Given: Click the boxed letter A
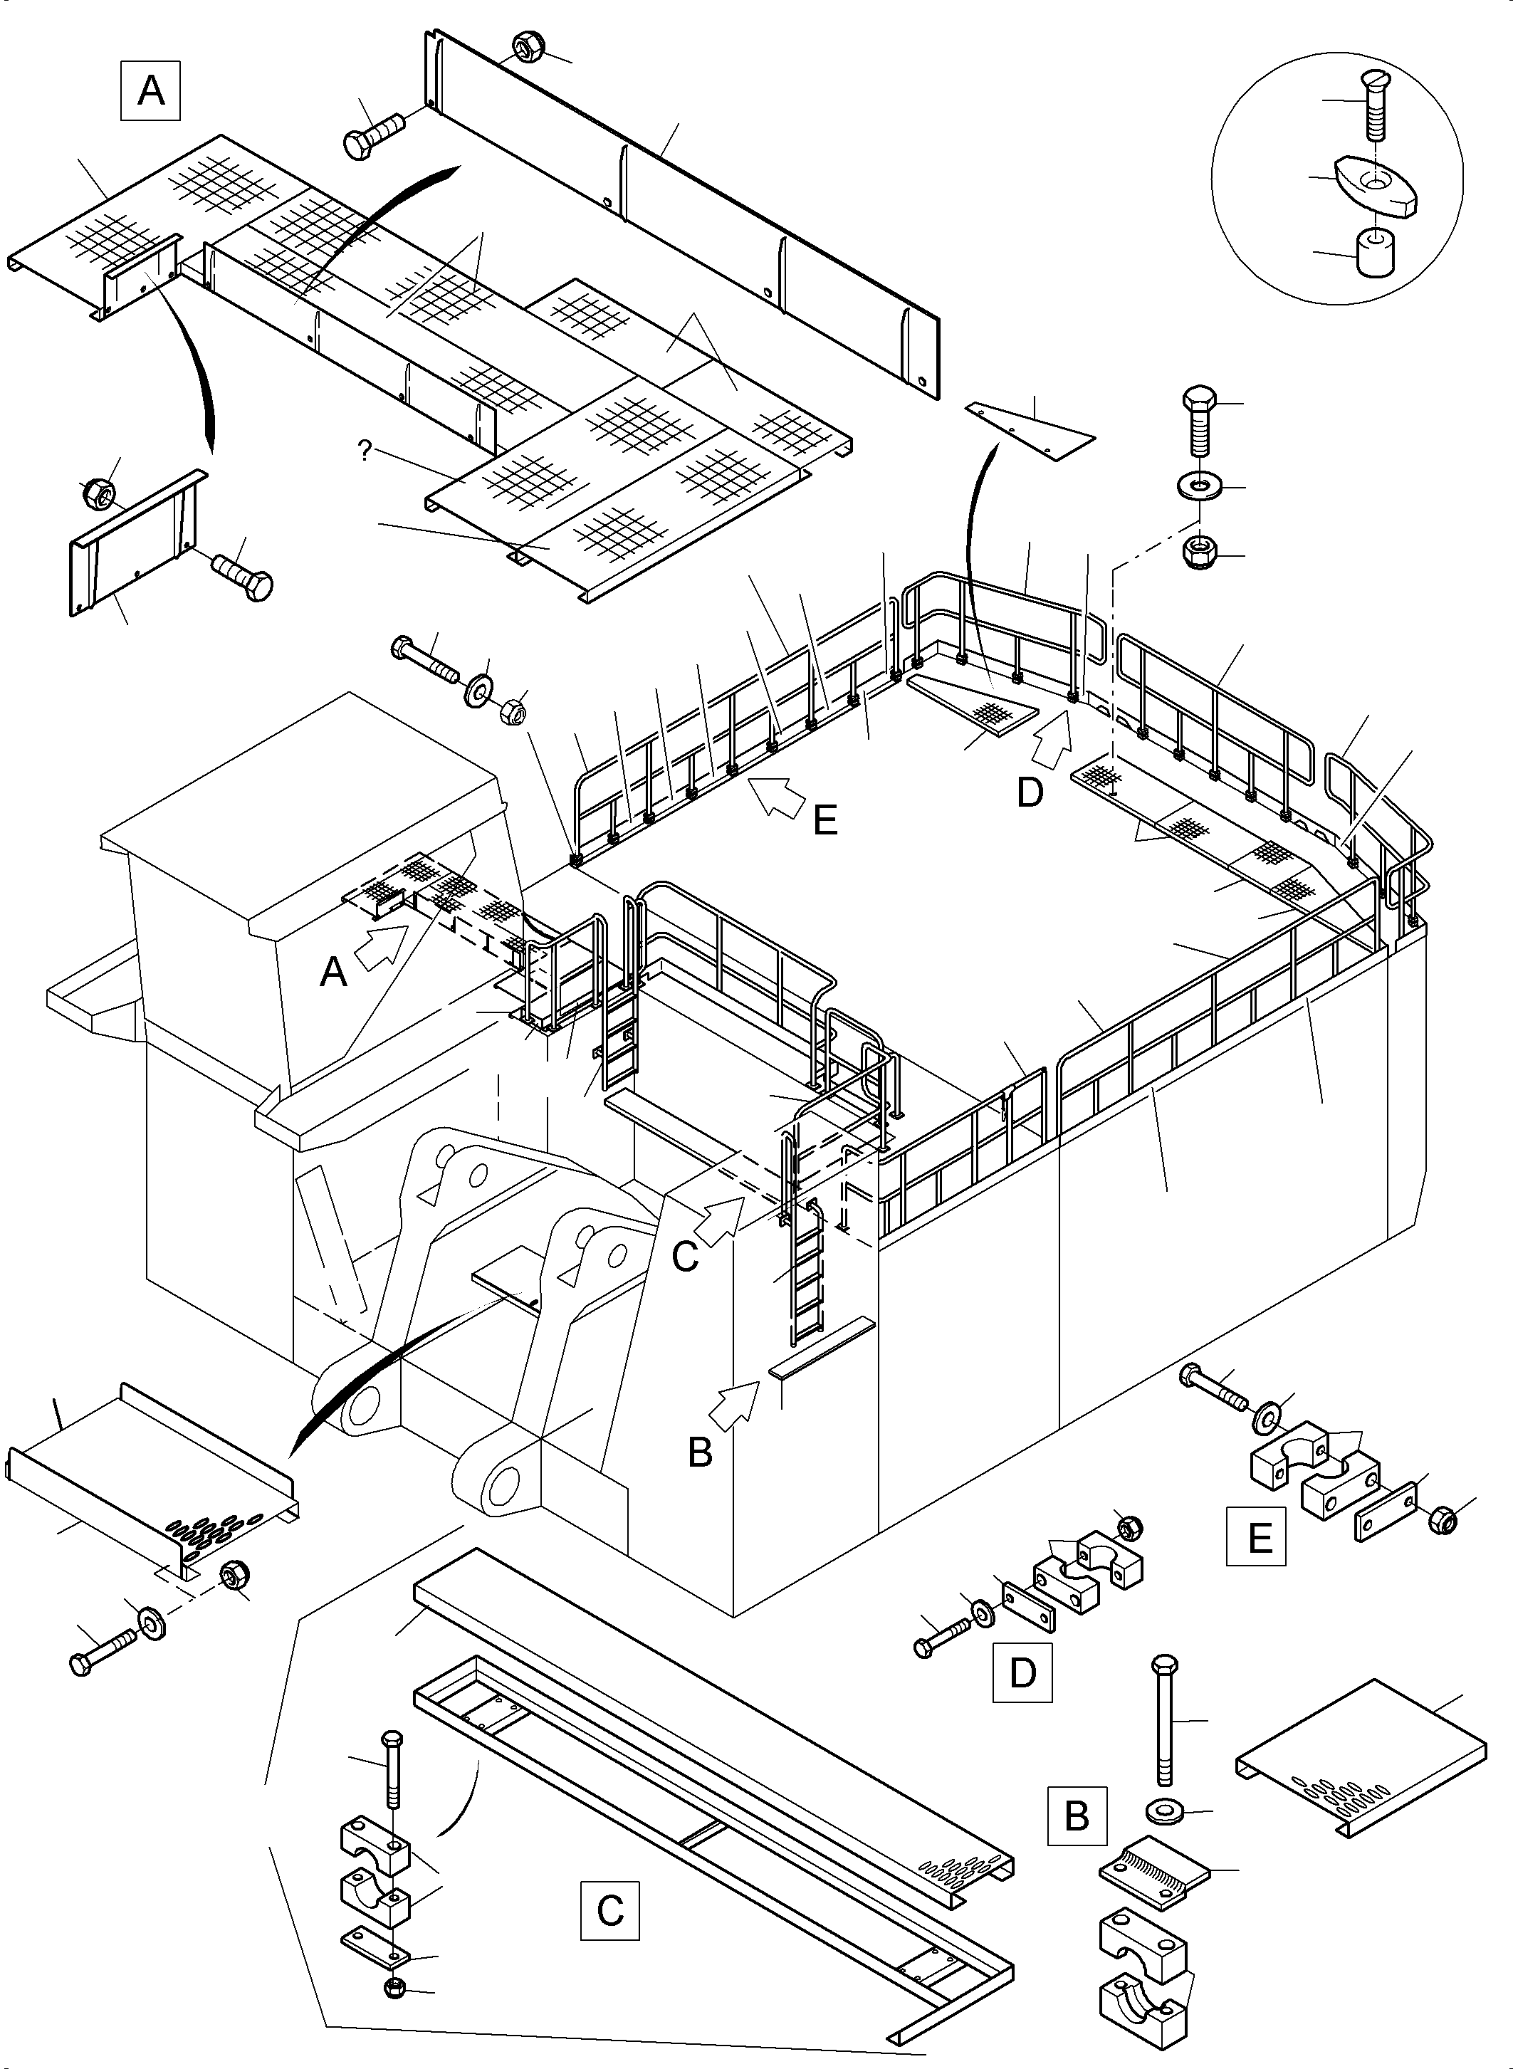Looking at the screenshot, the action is click(x=150, y=90).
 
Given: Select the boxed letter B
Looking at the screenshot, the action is click(x=1077, y=1816).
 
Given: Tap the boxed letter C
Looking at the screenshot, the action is click(x=610, y=1910).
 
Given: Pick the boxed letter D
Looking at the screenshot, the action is click(x=1022, y=1672).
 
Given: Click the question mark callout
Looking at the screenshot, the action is click(x=365, y=451).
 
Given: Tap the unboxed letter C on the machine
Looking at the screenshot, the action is click(x=685, y=1257).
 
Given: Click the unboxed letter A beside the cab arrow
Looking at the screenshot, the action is click(x=333, y=971).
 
